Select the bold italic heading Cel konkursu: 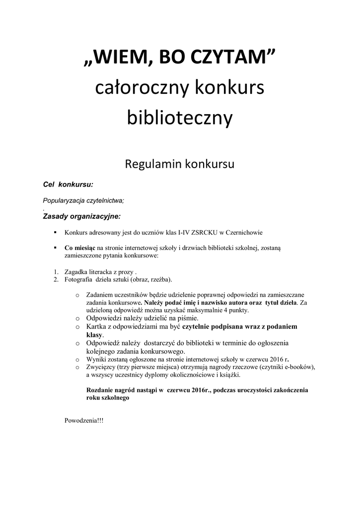pyautogui.click(x=68, y=185)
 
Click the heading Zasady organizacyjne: pyautogui.click(x=81, y=216)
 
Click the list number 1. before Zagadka pyautogui.click(x=56, y=272)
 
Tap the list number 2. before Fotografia pyautogui.click(x=56, y=279)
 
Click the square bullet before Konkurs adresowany pyautogui.click(x=56, y=232)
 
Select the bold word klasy pyautogui.click(x=94, y=335)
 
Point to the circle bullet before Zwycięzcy pyautogui.click(x=77, y=367)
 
